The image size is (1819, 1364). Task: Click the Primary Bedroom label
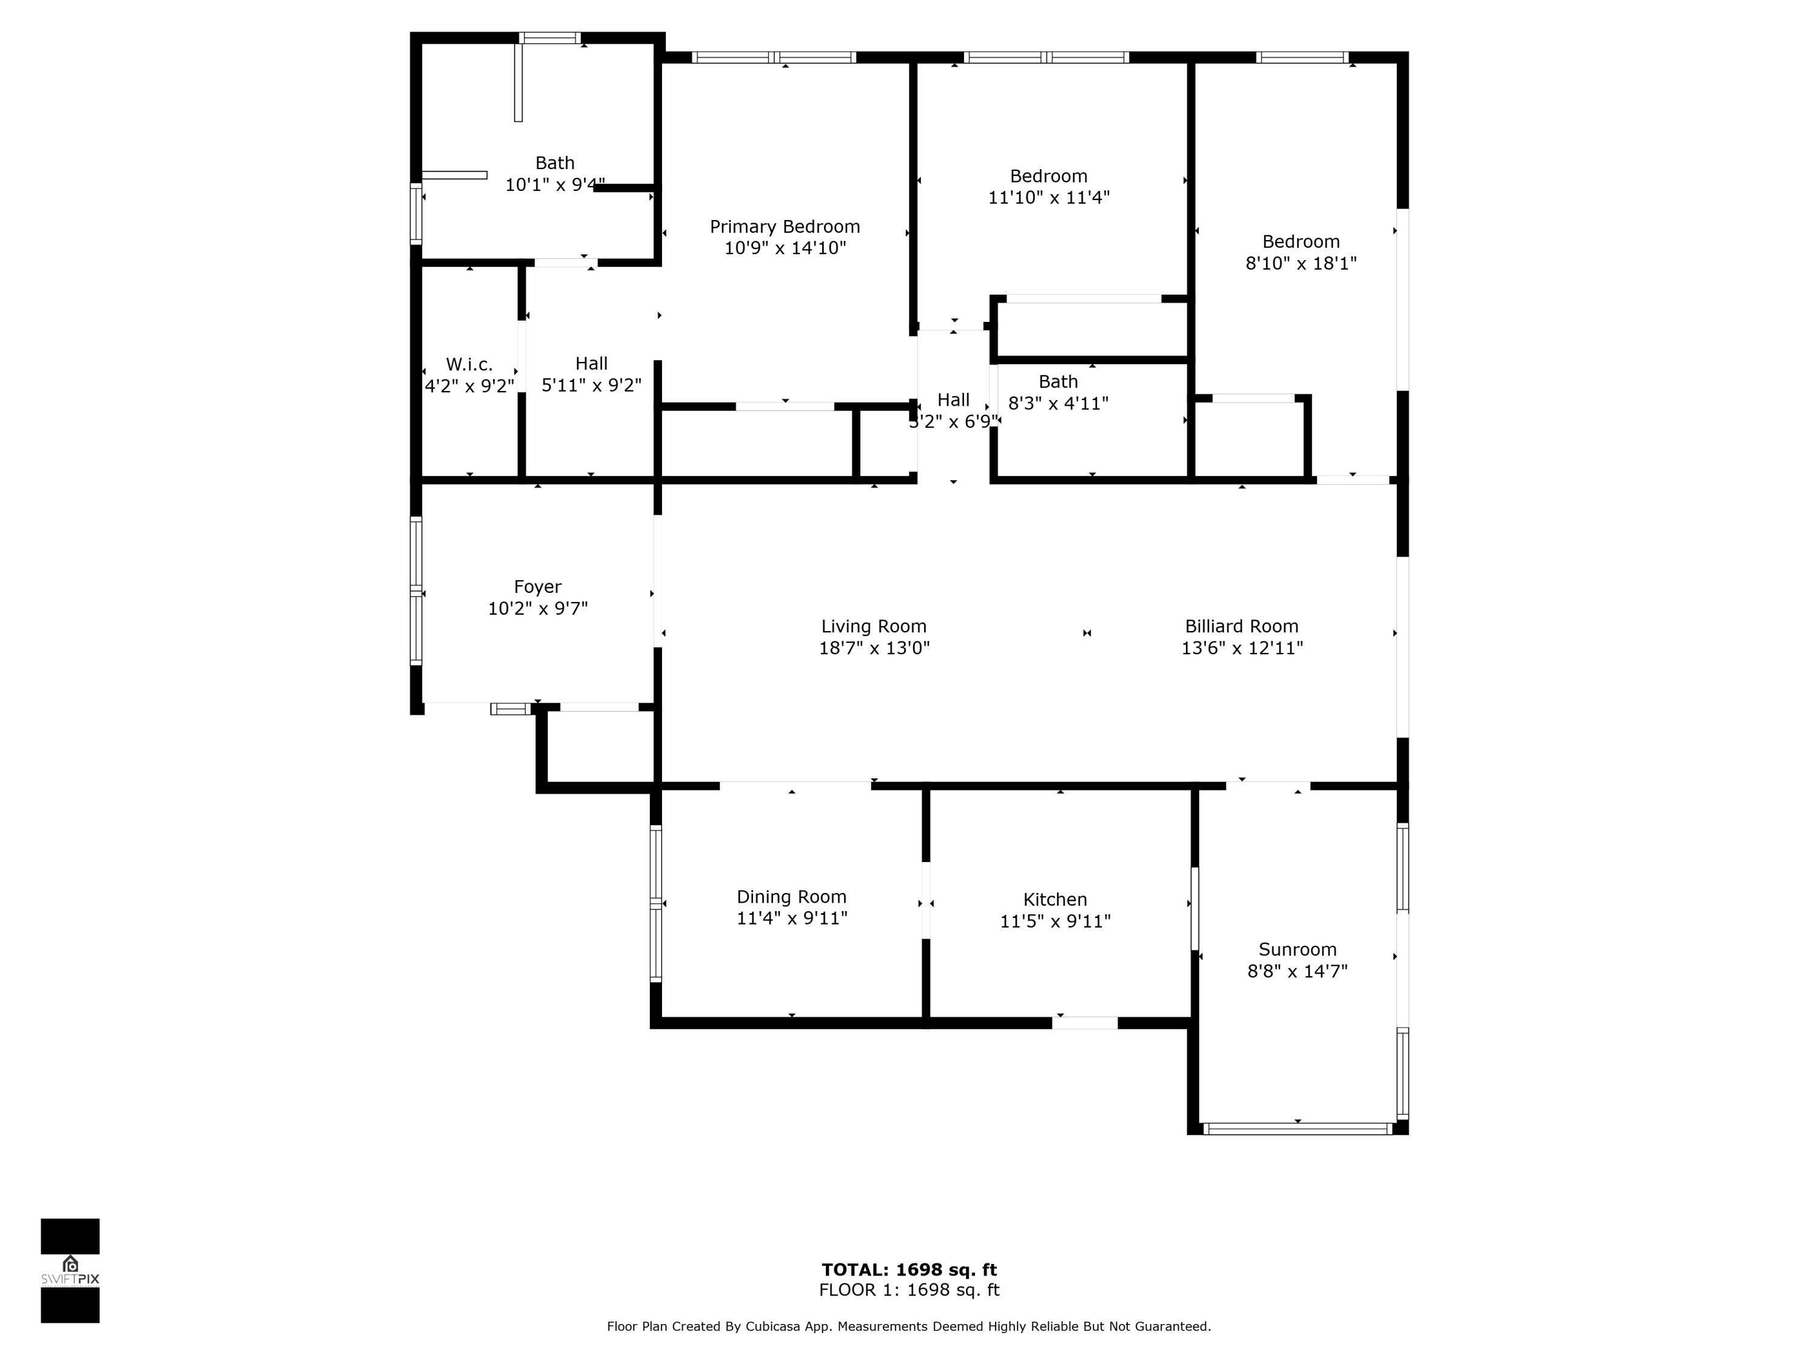click(x=785, y=227)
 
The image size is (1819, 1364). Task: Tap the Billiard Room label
click(x=1242, y=626)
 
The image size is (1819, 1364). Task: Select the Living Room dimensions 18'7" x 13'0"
click(x=874, y=648)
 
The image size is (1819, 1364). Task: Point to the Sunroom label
click(x=1298, y=949)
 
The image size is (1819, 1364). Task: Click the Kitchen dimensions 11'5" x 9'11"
click(x=1055, y=921)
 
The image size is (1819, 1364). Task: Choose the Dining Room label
click(x=791, y=897)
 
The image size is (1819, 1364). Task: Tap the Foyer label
click(x=538, y=587)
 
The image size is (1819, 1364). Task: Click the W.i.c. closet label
click(x=469, y=364)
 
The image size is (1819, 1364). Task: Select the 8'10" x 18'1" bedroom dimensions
click(x=1301, y=263)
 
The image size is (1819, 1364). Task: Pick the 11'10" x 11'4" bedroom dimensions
click(x=1048, y=197)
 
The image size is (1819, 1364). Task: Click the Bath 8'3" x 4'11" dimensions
click(x=1058, y=404)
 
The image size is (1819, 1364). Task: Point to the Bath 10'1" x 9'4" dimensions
click(x=555, y=185)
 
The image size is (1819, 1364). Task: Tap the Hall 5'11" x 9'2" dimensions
click(x=591, y=385)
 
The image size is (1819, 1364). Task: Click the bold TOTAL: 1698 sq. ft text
click(x=909, y=1269)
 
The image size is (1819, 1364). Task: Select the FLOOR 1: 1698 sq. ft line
click(x=909, y=1290)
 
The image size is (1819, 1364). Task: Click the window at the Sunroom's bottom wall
click(x=1298, y=1129)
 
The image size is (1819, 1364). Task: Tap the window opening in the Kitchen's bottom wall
click(x=1085, y=1023)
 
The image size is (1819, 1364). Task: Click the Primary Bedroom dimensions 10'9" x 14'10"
click(x=785, y=249)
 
